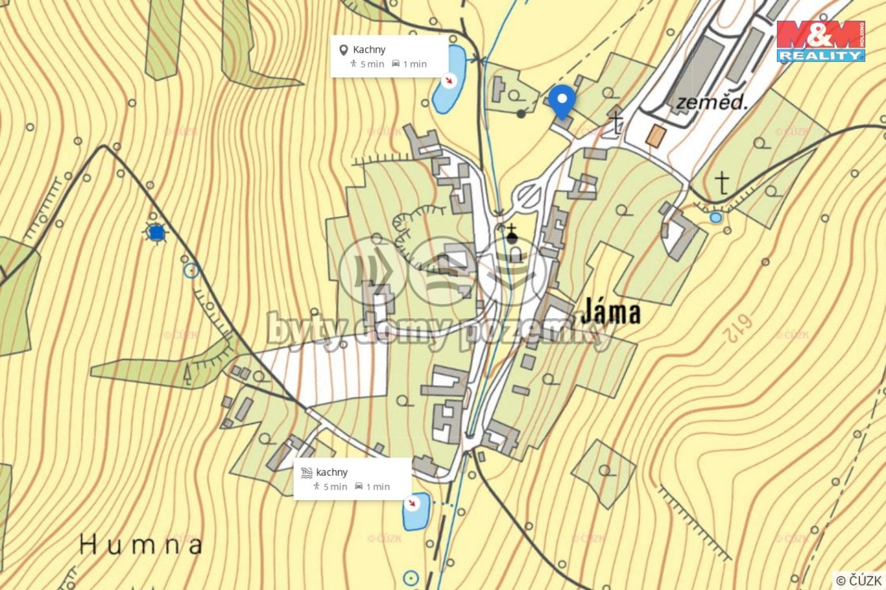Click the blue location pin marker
click(562, 101)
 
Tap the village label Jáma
click(610, 312)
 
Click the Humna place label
click(141, 545)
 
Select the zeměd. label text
click(711, 102)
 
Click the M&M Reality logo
click(821, 41)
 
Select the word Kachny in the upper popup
click(369, 50)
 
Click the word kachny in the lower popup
click(332, 473)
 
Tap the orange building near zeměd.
click(656, 136)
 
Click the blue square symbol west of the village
click(156, 232)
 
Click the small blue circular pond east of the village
click(716, 218)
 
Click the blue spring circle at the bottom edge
click(411, 578)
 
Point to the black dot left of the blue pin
click(521, 114)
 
